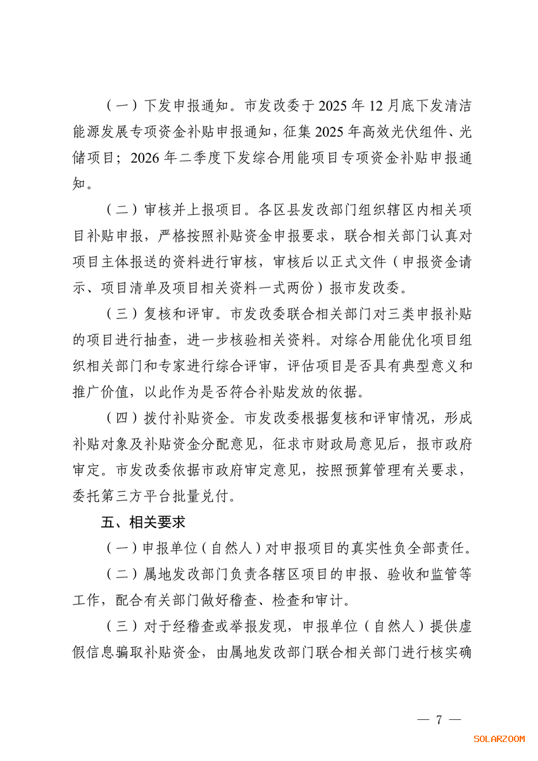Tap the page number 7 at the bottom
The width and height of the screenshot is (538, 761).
point(439,720)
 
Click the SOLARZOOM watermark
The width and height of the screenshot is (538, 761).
point(499,739)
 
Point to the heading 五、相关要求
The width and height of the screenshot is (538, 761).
point(143,522)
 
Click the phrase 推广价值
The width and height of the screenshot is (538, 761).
point(101,392)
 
